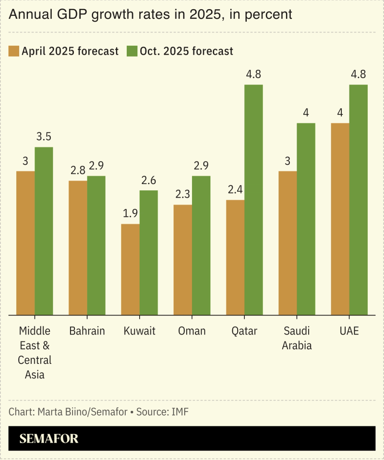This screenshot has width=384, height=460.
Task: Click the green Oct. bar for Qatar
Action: coord(253,200)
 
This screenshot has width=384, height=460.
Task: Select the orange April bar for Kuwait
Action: coord(130,269)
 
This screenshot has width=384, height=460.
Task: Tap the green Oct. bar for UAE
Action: coord(359,200)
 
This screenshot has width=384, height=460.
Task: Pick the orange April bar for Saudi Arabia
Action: coord(288,243)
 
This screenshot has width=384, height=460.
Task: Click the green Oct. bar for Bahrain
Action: coord(96,245)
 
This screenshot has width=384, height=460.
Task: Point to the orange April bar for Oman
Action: coord(183,260)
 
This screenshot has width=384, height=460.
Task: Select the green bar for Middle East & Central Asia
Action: coord(44,231)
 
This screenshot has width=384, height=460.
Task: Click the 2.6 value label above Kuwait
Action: coord(149,181)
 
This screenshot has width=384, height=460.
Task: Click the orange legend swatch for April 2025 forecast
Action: coord(13,51)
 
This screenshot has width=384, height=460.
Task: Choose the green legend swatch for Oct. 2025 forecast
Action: coord(132,51)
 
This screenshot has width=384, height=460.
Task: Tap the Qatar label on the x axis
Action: coord(244,331)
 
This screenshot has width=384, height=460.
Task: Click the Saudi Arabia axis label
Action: coord(297,338)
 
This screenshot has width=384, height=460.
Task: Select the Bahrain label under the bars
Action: coord(87,331)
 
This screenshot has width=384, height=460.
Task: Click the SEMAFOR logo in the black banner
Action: coord(48,438)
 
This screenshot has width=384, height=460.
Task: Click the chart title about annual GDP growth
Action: coord(150,15)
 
